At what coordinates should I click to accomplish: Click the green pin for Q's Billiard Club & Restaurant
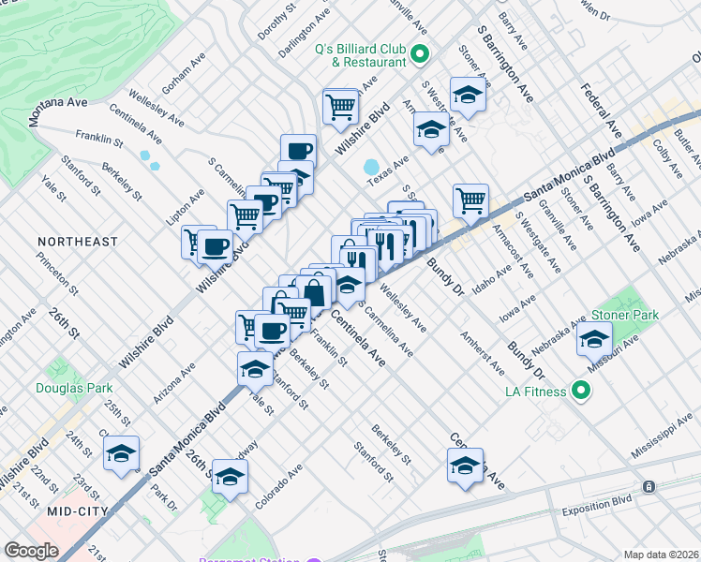[x=420, y=56]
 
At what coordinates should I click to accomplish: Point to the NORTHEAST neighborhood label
[x=78, y=242]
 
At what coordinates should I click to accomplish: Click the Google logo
[x=31, y=551]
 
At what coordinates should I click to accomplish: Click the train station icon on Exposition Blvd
[x=648, y=487]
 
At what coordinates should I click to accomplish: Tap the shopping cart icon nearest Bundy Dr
[x=470, y=199]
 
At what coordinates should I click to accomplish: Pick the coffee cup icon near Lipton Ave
[x=215, y=246]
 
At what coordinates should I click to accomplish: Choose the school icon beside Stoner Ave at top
[x=467, y=95]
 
